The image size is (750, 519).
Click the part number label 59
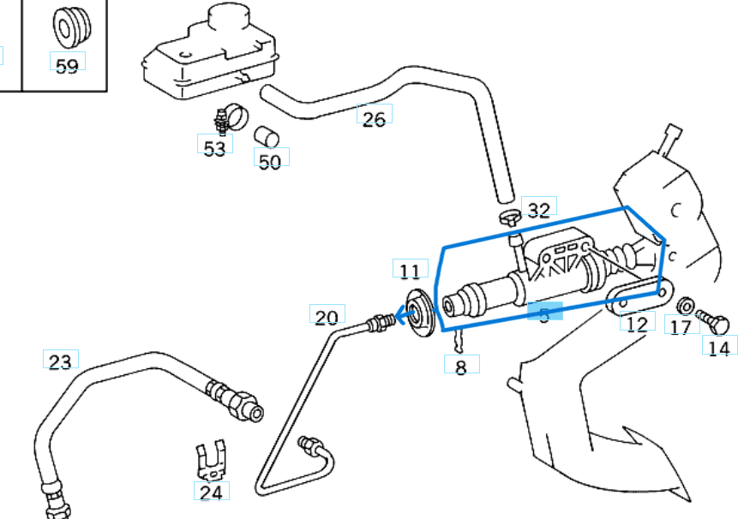67,66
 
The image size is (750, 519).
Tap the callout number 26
374,118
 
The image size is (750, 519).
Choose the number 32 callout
538,210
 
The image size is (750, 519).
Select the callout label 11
410,271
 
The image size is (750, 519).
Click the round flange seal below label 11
419,314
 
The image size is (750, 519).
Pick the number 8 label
461,368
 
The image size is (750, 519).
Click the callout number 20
327,318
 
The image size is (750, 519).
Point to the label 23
60,361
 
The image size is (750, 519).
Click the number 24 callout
211,492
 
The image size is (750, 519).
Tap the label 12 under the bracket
636,324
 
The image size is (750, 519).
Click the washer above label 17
685,305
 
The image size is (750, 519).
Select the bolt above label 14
713,321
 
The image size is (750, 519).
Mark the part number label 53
214,148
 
